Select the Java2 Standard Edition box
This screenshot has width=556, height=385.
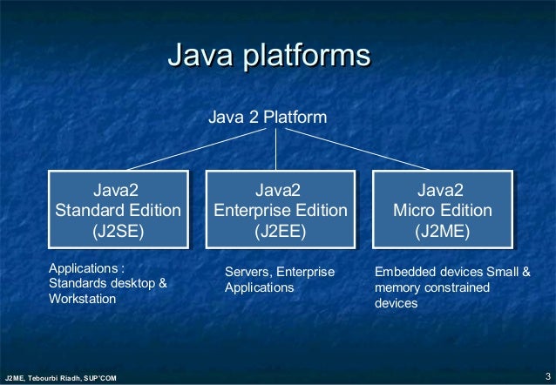[118, 210]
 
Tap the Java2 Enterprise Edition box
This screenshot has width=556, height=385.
[280, 210]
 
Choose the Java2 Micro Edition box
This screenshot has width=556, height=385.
[442, 210]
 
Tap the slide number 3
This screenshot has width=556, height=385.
[546, 375]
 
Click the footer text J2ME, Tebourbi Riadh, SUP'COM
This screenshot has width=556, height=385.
[60, 377]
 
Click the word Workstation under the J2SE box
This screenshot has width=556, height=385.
[82, 299]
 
